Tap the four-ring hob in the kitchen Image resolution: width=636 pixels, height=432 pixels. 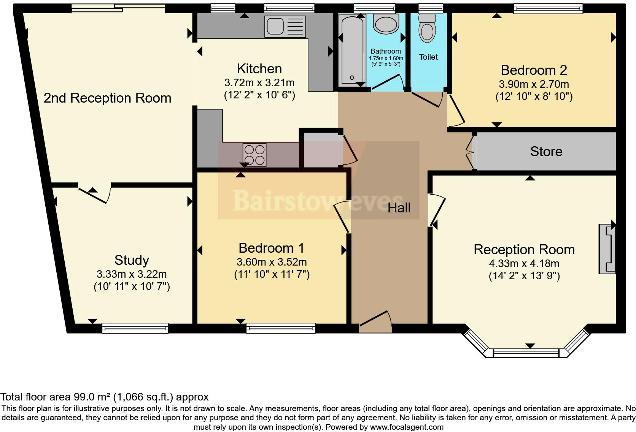click(254, 155)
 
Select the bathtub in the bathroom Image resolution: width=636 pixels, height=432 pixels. click(352, 51)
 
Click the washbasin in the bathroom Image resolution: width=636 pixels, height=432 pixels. click(386, 24)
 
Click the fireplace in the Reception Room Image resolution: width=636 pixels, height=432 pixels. click(607, 249)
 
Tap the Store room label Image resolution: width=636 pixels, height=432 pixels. click(546, 152)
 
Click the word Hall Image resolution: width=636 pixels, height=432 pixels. click(399, 208)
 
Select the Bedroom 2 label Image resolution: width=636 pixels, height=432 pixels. click(534, 70)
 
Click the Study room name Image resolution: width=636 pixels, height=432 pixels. click(132, 260)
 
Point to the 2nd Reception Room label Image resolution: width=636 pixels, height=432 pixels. click(107, 98)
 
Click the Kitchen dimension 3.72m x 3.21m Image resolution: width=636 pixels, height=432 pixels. click(259, 83)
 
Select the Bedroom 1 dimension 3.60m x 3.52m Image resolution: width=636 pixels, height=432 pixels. click(272, 262)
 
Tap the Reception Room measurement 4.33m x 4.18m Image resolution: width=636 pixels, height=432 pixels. click(524, 264)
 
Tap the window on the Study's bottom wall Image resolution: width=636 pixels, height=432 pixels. click(135, 328)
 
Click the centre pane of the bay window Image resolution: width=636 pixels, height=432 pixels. click(526, 353)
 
